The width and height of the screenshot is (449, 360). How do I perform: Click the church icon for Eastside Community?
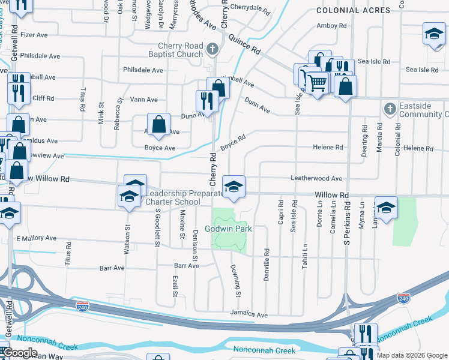point(390,109)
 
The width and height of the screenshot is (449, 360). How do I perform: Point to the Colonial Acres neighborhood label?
point(353,10)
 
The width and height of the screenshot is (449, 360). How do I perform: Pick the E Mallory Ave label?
point(37,238)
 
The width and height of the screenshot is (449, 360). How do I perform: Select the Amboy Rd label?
point(332,26)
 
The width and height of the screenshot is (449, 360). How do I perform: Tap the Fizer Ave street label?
point(34,35)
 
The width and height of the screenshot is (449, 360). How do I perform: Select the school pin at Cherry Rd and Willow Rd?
point(234,186)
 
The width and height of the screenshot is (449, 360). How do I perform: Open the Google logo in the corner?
point(20,353)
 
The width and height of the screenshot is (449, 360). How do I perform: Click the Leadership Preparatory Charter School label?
point(173,197)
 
